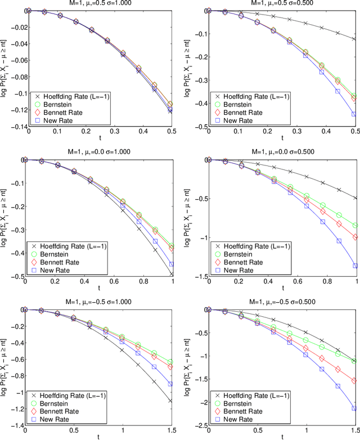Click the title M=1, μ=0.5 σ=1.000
click(x=92, y=4)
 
